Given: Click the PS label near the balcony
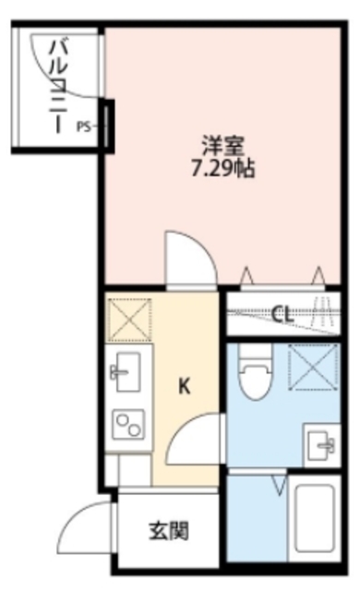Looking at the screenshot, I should click(x=84, y=124).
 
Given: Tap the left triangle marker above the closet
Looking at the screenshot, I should click(x=246, y=275).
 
